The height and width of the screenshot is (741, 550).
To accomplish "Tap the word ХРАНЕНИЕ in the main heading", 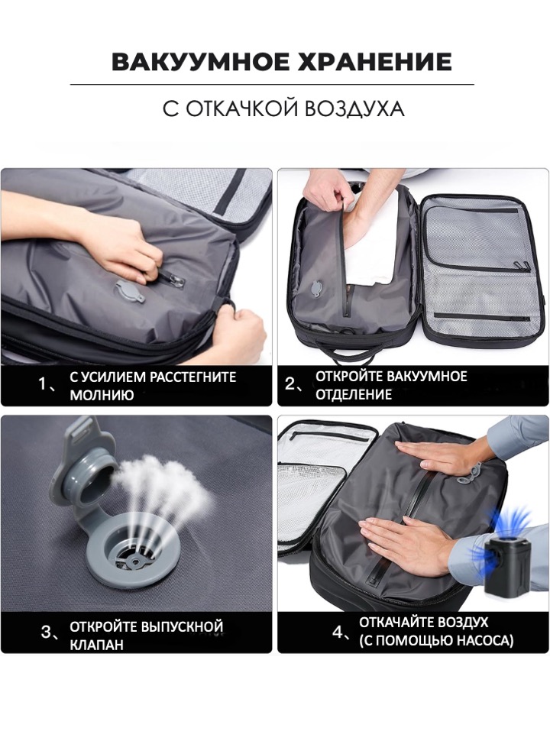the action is click(x=375, y=62).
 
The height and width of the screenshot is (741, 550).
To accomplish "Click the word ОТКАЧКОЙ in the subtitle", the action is click(x=241, y=108).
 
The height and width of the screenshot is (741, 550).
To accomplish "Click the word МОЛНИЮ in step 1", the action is click(x=102, y=395).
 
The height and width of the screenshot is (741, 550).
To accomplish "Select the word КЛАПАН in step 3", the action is click(x=96, y=644).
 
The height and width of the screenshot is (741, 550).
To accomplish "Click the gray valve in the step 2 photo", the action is click(x=315, y=288).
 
